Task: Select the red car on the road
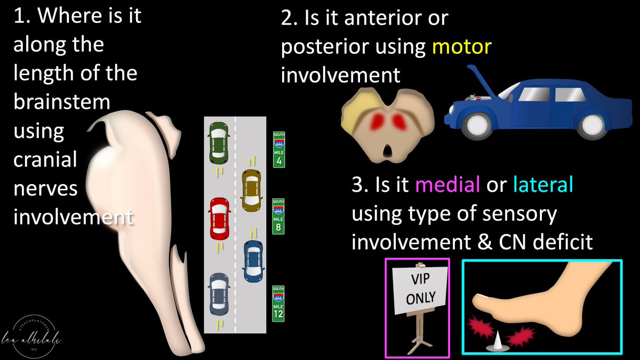click(219, 218)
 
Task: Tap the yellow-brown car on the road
click(251, 189)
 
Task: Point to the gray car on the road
click(218, 294)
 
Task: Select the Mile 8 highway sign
click(278, 217)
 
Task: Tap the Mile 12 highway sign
click(278, 303)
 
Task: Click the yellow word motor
click(461, 47)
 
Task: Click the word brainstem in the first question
click(61, 102)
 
